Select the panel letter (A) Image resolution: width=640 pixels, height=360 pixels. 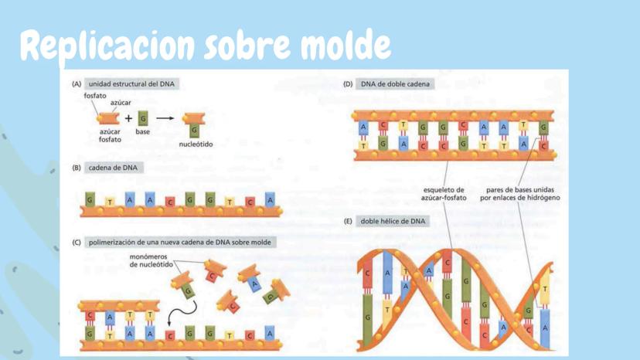tap(77, 83)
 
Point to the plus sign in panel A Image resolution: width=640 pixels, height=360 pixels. tap(128, 118)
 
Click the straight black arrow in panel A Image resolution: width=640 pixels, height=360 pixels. tap(164, 118)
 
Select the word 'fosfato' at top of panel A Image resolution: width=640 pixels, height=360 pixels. tap(96, 95)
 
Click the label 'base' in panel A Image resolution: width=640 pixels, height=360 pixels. tap(142, 132)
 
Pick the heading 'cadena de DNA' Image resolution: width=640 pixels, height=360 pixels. tap(116, 167)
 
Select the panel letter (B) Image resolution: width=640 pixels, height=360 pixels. tap(77, 167)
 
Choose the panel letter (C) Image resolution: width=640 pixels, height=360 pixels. tap(77, 242)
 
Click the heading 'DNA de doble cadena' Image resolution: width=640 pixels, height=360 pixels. tap(397, 83)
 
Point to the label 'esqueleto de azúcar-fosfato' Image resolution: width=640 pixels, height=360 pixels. tap(445, 194)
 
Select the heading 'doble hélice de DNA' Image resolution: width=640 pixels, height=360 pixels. tap(393, 222)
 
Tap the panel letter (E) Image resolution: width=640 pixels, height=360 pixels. tap(348, 222)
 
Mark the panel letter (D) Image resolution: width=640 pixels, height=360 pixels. tap(348, 83)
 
